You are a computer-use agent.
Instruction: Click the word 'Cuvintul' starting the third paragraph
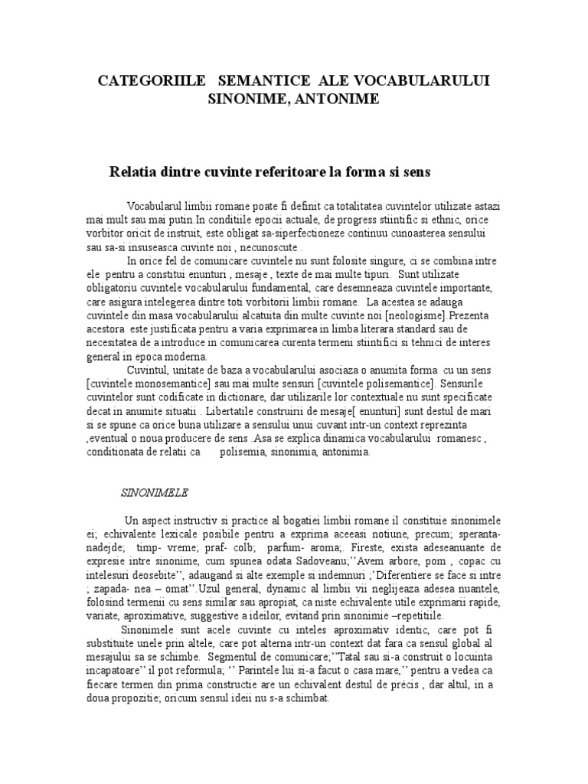149,371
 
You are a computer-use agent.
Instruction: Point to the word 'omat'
175,590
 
